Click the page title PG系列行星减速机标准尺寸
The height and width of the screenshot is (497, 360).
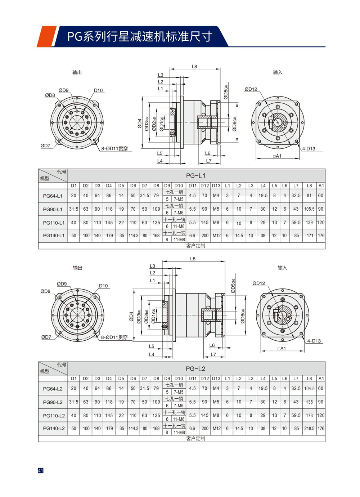pyautogui.click(x=140, y=36)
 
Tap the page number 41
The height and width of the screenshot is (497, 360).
pyautogui.click(x=41, y=470)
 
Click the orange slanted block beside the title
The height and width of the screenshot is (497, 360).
pyautogui.click(x=46, y=36)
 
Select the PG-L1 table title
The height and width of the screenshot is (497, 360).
pyautogui.click(x=196, y=176)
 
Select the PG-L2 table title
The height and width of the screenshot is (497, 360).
pyautogui.click(x=196, y=368)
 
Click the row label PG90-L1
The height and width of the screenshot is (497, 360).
pyautogui.click(x=53, y=209)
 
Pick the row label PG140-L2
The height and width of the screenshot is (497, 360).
pyautogui.click(x=54, y=429)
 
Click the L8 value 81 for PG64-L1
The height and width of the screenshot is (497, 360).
pyautogui.click(x=309, y=196)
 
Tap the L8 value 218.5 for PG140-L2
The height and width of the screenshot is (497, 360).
pyautogui.click(x=309, y=429)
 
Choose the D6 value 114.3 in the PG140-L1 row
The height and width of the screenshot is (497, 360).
pyautogui.click(x=133, y=236)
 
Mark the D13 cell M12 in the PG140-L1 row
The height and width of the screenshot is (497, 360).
pyautogui.click(x=216, y=236)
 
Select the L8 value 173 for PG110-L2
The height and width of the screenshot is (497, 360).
pyautogui.click(x=309, y=415)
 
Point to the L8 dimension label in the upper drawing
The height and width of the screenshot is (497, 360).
pyautogui.click(x=194, y=67)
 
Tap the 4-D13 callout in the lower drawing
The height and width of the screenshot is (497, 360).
pyautogui.click(x=314, y=341)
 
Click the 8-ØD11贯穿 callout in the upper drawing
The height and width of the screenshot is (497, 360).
pyautogui.click(x=114, y=148)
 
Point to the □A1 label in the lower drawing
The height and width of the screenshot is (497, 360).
pyautogui.click(x=282, y=348)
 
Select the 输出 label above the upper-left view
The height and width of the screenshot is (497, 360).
pyautogui.click(x=77, y=72)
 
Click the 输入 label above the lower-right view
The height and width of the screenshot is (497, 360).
pyautogui.click(x=282, y=268)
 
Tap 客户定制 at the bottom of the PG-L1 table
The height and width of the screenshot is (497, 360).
pyautogui.click(x=196, y=246)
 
